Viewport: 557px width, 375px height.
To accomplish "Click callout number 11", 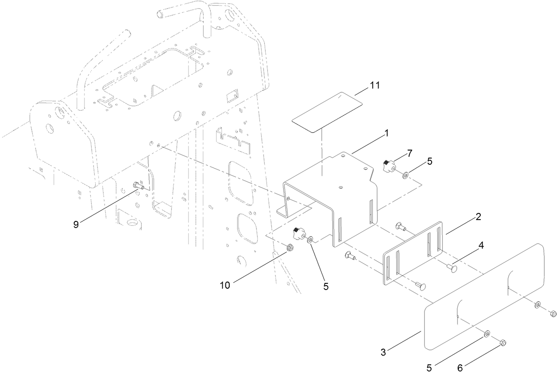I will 375,86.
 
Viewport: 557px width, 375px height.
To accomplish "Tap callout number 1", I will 386,132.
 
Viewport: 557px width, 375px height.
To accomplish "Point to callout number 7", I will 410,153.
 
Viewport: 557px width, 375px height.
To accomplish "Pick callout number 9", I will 76,224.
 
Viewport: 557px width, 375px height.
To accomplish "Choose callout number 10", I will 225,285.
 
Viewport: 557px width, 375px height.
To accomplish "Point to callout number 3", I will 383,352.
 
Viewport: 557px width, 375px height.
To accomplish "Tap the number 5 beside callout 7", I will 429,162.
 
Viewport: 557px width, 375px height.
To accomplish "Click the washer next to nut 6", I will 487,333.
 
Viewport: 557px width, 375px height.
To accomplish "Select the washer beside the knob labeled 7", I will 405,176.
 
